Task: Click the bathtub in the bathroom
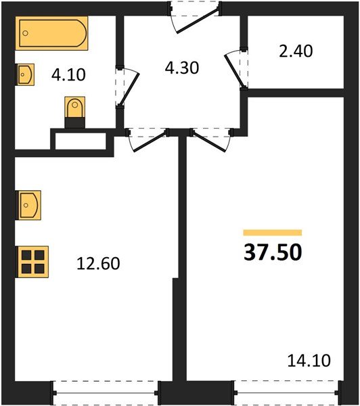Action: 53,35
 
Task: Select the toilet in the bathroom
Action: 74,110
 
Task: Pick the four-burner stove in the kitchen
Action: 32,260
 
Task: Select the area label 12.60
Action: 99,263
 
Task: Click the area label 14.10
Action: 309,361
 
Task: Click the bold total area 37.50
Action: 272,253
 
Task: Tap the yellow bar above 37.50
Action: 272,232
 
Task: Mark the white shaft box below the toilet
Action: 80,141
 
